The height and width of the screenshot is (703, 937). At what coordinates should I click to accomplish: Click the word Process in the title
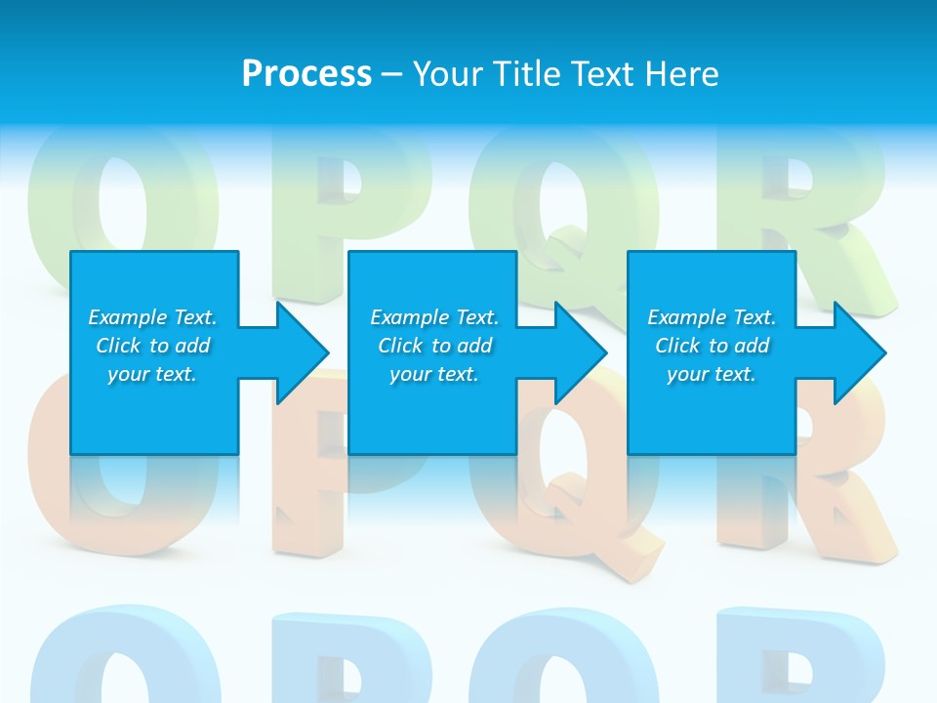click(x=306, y=74)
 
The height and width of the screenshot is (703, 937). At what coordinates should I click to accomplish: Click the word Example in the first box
click(x=128, y=317)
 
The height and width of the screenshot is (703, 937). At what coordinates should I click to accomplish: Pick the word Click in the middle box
click(x=400, y=346)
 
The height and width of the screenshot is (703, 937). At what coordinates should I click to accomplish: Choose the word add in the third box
click(x=751, y=346)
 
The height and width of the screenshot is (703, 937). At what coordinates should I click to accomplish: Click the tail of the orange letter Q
click(x=610, y=547)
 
